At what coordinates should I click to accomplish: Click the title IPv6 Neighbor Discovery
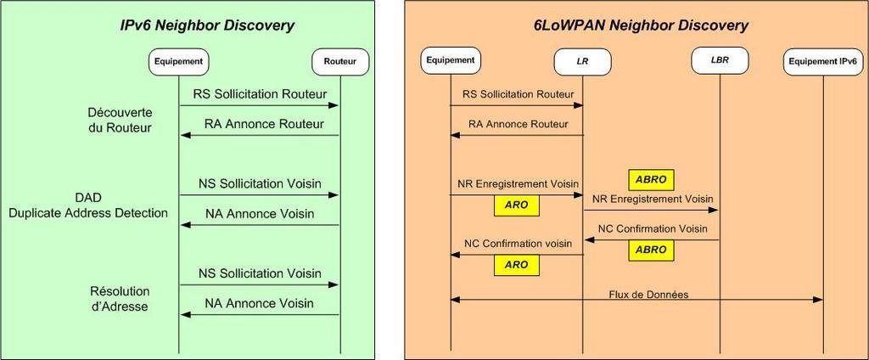[x=207, y=25]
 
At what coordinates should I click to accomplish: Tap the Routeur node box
[x=340, y=60]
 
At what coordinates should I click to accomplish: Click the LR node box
[x=583, y=60]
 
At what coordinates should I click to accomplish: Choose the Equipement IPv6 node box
[x=822, y=60]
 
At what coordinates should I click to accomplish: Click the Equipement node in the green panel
[x=179, y=60]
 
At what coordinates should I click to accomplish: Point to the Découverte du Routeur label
[x=120, y=121]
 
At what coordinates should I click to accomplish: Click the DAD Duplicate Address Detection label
[x=88, y=205]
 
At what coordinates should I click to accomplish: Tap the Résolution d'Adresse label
[x=120, y=299]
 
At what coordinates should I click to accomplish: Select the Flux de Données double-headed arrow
[x=636, y=299]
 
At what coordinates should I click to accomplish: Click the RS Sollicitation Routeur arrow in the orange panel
[x=516, y=105]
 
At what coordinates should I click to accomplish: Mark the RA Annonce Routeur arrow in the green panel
[x=260, y=135]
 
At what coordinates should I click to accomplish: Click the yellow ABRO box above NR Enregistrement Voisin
[x=650, y=180]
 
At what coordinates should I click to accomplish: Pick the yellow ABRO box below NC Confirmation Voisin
[x=650, y=250]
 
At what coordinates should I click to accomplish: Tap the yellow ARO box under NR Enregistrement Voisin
[x=515, y=205]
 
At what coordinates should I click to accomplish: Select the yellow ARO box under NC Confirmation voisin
[x=515, y=265]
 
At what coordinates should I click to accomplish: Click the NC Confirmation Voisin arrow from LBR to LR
[x=652, y=239]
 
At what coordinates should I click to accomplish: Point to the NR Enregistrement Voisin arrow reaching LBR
[x=652, y=211]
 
